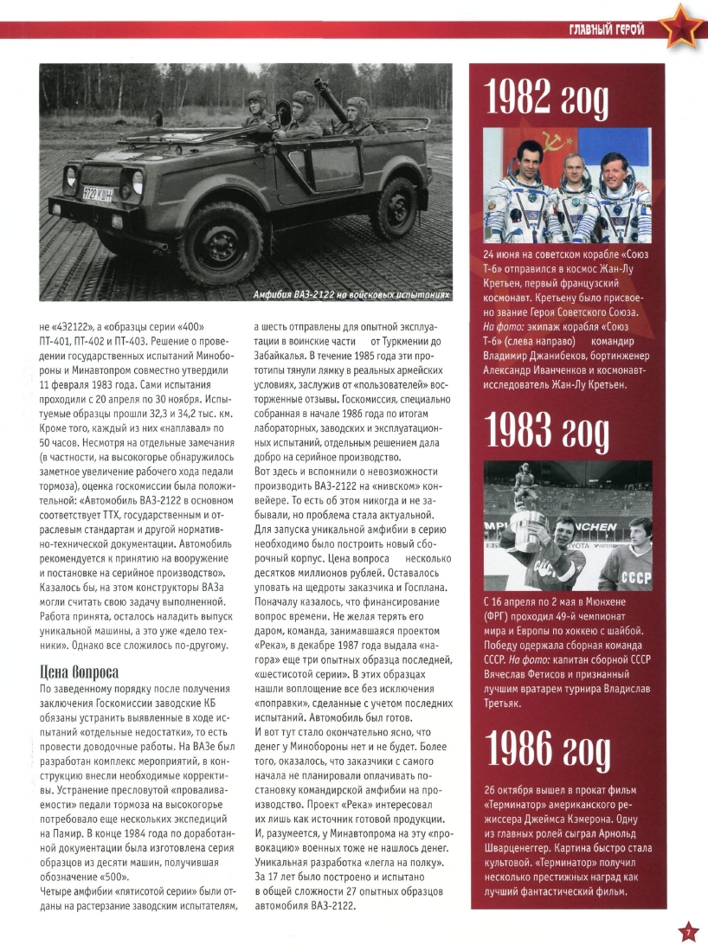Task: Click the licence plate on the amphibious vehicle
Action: click(x=97, y=194)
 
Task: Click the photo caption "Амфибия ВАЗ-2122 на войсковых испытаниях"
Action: click(x=351, y=295)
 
